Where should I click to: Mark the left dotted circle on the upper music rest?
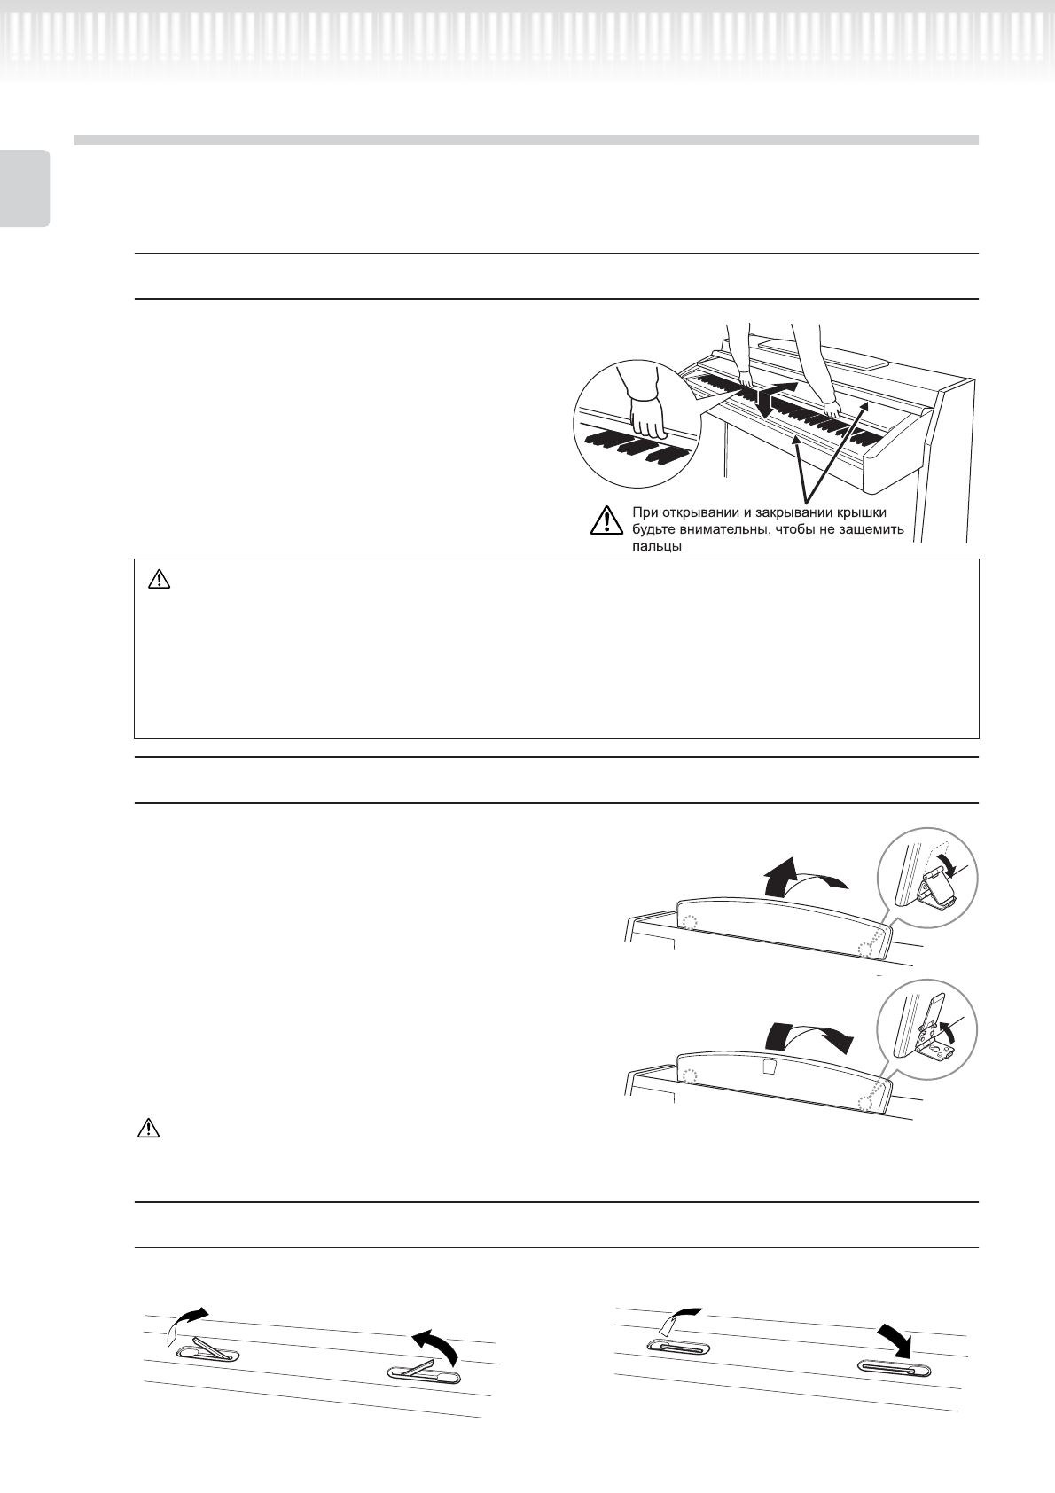(691, 922)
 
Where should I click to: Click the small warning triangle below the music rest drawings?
(148, 1129)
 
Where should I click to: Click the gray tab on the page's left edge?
(25, 188)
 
